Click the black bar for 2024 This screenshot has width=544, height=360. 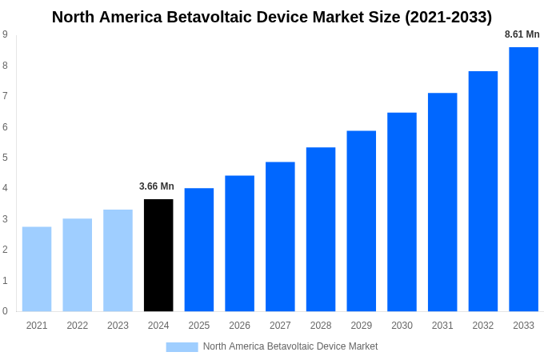pos(158,255)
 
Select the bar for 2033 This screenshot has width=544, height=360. pos(523,179)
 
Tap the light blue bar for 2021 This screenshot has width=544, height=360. pos(37,269)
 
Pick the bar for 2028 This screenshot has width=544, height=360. pos(321,229)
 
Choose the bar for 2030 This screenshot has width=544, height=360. pos(402,212)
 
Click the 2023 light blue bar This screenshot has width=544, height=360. pos(118,260)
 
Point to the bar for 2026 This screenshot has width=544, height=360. pos(239,243)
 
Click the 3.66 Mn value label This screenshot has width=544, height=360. pos(157,186)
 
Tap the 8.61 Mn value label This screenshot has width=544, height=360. pos(522,34)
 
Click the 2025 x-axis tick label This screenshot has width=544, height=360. pos(199,326)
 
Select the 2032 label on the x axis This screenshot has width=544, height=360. pos(482,326)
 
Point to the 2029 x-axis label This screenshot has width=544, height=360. pos(361,326)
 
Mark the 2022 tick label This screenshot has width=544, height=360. pos(78,326)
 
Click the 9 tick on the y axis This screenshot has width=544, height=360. pos(6,34)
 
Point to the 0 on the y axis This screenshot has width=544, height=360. pos(6,311)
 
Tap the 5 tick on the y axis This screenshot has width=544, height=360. pos(6,158)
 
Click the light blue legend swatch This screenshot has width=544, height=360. pos(182,346)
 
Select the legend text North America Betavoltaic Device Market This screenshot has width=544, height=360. pos(290,346)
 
